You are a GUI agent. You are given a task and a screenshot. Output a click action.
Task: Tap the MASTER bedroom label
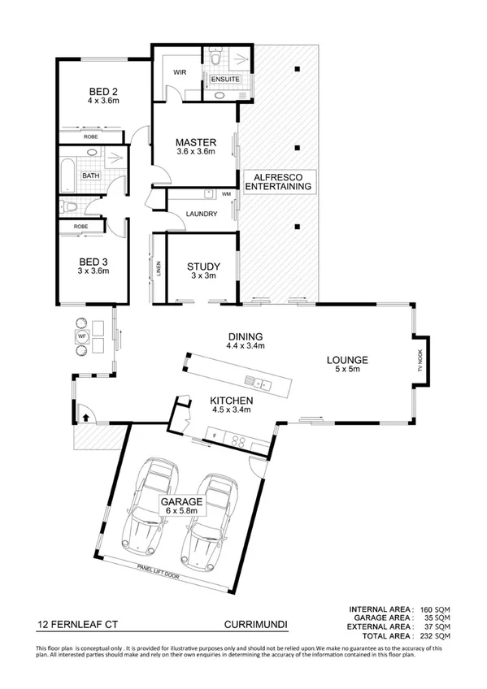tap(195, 144)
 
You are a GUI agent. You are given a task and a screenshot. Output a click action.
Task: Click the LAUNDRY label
tap(201, 214)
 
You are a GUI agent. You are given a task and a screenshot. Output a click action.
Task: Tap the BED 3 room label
tap(93, 262)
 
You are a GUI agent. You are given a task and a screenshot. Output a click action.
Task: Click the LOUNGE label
tap(348, 360)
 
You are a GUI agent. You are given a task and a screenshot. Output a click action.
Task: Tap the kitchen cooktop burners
tap(239, 440)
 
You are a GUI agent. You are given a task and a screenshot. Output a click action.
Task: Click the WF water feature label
tap(81, 336)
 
